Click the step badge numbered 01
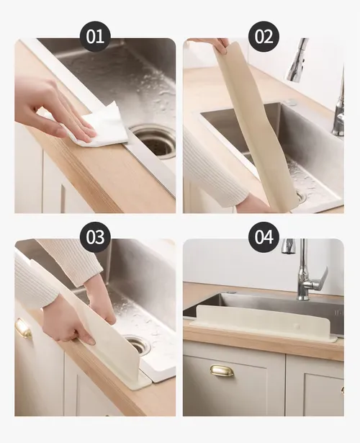pyautogui.click(x=94, y=37)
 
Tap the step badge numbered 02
pyautogui.click(x=264, y=37)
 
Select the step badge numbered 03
pyautogui.click(x=94, y=237)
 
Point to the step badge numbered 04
pyautogui.click(x=264, y=237)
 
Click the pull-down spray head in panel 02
pyautogui.click(x=297, y=59)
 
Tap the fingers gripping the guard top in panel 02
pyautogui.click(x=220, y=45)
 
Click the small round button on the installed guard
pyautogui.click(x=296, y=326)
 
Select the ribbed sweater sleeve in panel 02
pyautogui.click(x=215, y=169)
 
